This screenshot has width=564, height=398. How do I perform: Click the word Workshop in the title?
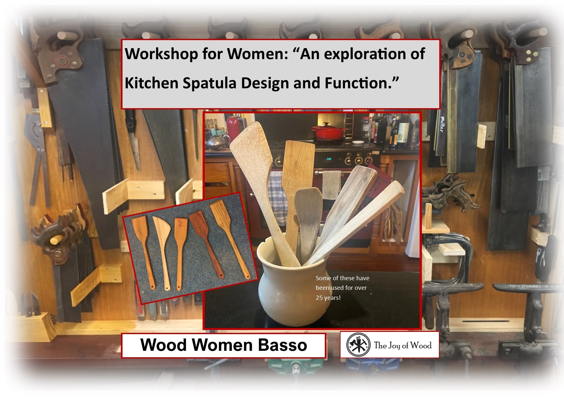(161, 54)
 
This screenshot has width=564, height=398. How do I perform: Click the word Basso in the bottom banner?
(283, 345)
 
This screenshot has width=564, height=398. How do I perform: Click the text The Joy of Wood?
(403, 345)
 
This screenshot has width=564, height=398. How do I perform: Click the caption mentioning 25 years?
(342, 288)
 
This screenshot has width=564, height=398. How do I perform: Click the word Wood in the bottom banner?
(164, 345)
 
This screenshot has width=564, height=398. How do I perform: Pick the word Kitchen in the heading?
(151, 83)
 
